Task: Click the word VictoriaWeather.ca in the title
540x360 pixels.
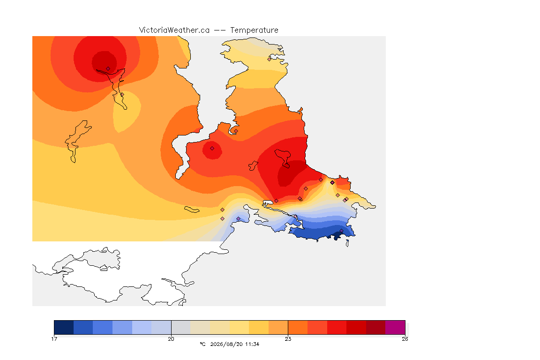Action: point(174,30)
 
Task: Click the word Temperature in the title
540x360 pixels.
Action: point(254,30)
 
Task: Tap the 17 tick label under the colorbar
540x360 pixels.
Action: point(54,339)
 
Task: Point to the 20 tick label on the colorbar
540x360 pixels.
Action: point(171,339)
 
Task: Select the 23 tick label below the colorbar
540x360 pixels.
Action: point(288,339)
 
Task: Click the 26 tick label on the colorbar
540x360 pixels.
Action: point(405,339)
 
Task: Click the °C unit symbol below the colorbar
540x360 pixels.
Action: point(202,344)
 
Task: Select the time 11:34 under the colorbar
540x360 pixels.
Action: point(252,344)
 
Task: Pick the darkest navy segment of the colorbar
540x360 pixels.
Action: point(64,327)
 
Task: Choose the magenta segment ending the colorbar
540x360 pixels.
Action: point(395,327)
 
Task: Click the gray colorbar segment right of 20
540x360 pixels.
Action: point(181,327)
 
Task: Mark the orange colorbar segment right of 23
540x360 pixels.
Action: point(298,327)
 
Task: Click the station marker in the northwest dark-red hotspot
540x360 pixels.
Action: point(108,69)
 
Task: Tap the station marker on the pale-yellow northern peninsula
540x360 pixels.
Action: point(270,59)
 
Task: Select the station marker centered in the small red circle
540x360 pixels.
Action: point(212,149)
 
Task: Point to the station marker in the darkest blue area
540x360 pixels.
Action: point(341,231)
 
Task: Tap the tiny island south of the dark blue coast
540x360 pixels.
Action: point(347,243)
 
